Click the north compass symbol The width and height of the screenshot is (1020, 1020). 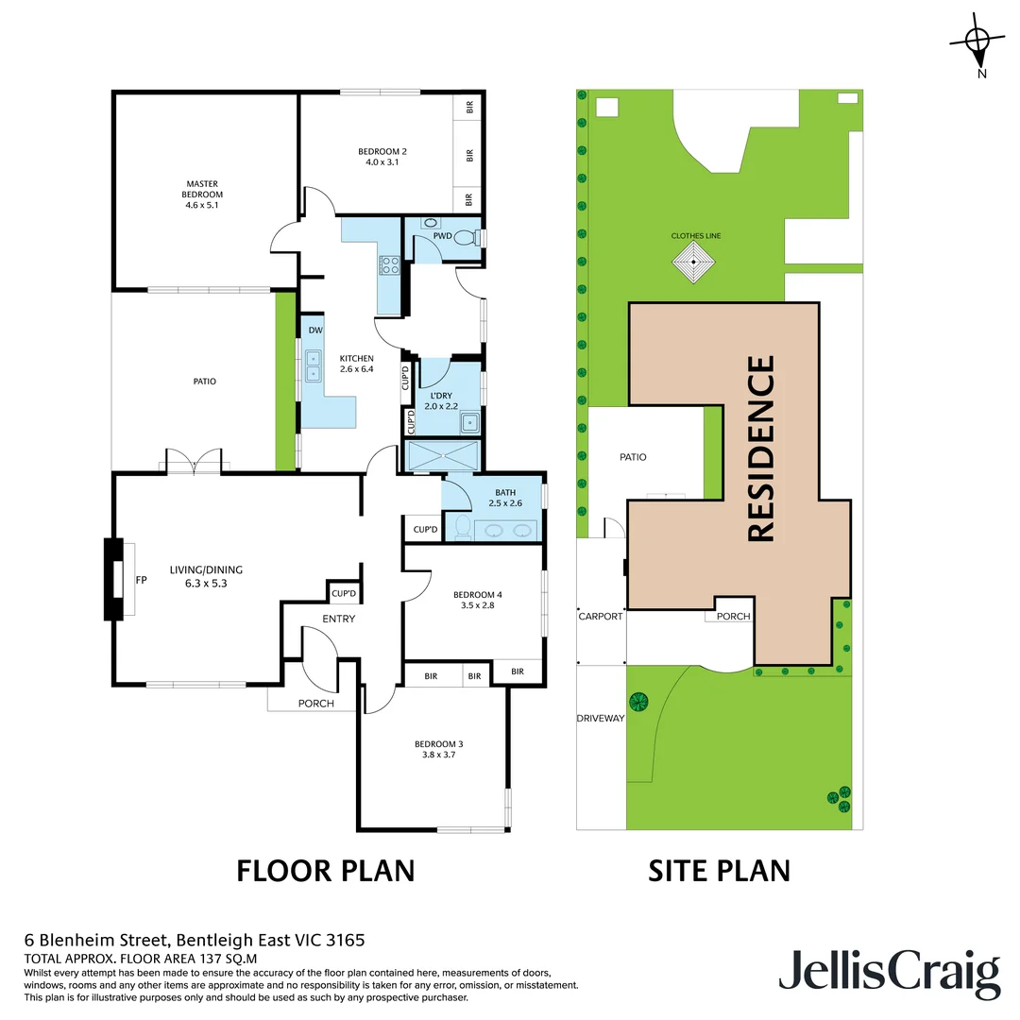(977, 40)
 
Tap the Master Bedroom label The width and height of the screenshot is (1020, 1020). (204, 189)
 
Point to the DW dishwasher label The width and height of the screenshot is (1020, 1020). (315, 331)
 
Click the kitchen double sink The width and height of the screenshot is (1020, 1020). (313, 365)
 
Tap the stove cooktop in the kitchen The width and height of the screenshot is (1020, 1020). (389, 265)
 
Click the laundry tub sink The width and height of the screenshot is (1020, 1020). (469, 422)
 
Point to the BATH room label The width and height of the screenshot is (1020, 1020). (505, 491)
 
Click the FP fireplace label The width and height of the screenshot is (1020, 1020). (142, 580)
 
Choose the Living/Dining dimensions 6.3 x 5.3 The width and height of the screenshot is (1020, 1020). (206, 584)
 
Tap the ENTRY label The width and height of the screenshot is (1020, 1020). (338, 619)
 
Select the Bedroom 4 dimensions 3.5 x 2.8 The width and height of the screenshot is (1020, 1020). (478, 605)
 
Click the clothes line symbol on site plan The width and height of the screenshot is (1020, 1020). (696, 262)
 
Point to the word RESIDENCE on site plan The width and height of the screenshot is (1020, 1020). (761, 449)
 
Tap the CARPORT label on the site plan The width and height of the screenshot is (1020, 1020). (601, 616)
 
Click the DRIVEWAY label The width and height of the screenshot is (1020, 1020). (601, 719)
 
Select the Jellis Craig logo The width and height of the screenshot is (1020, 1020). (889, 973)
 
